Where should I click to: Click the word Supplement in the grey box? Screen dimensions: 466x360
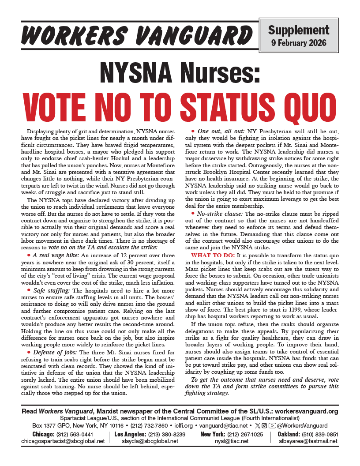tap(299, 30)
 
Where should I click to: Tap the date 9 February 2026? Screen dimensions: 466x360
tap(299, 43)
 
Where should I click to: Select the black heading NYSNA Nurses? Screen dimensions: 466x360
tap(180, 71)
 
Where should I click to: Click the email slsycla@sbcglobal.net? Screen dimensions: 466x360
tap(150, 440)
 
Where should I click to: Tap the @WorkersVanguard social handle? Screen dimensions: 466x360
tap(304, 425)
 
